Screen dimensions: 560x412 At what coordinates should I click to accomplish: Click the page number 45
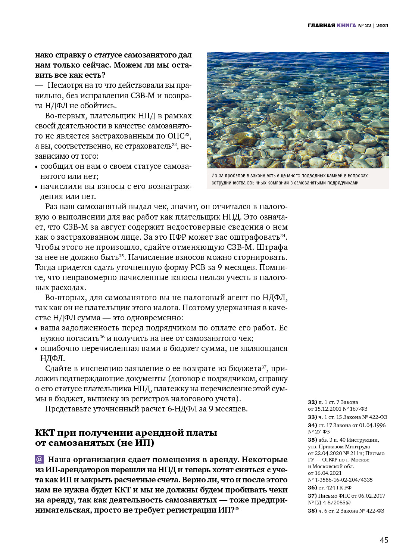click(x=384, y=540)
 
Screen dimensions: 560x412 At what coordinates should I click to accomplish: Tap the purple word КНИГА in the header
click(x=346, y=25)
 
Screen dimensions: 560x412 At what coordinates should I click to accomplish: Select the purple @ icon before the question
click(x=39, y=459)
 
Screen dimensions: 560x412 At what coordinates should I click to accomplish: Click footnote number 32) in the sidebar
click(x=312, y=402)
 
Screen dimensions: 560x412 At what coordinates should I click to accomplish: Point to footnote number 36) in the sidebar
click(x=312, y=488)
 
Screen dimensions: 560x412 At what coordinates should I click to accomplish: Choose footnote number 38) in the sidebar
click(x=312, y=511)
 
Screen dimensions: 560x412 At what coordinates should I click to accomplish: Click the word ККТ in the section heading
click(x=44, y=433)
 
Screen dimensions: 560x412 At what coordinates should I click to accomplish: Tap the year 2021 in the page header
click(x=382, y=25)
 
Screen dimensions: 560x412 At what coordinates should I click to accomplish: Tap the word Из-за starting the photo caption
click(x=217, y=175)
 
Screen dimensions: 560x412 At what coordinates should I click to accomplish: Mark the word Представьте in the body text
click(x=68, y=409)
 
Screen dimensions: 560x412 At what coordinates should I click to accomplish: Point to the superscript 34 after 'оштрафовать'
click(x=283, y=236)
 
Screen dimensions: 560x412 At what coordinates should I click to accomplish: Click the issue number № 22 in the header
click(x=365, y=25)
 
